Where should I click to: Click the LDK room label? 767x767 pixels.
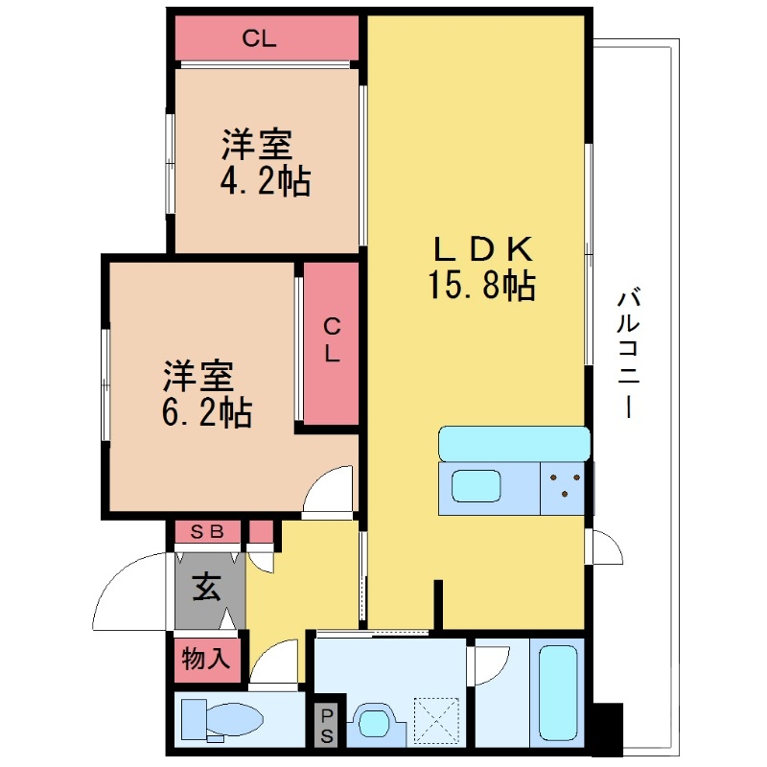[482, 250]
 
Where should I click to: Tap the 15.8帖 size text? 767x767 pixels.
[482, 286]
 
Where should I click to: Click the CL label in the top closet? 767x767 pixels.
[259, 39]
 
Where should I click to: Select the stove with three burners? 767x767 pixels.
[565, 485]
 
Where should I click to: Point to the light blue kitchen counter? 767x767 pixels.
[514, 444]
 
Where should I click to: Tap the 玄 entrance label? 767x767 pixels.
[206, 585]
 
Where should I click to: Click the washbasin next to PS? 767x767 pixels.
[371, 722]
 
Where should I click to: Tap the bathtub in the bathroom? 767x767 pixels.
[556, 691]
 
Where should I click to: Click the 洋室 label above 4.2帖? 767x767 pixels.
[257, 146]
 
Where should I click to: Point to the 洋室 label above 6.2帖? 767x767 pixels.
[197, 375]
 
